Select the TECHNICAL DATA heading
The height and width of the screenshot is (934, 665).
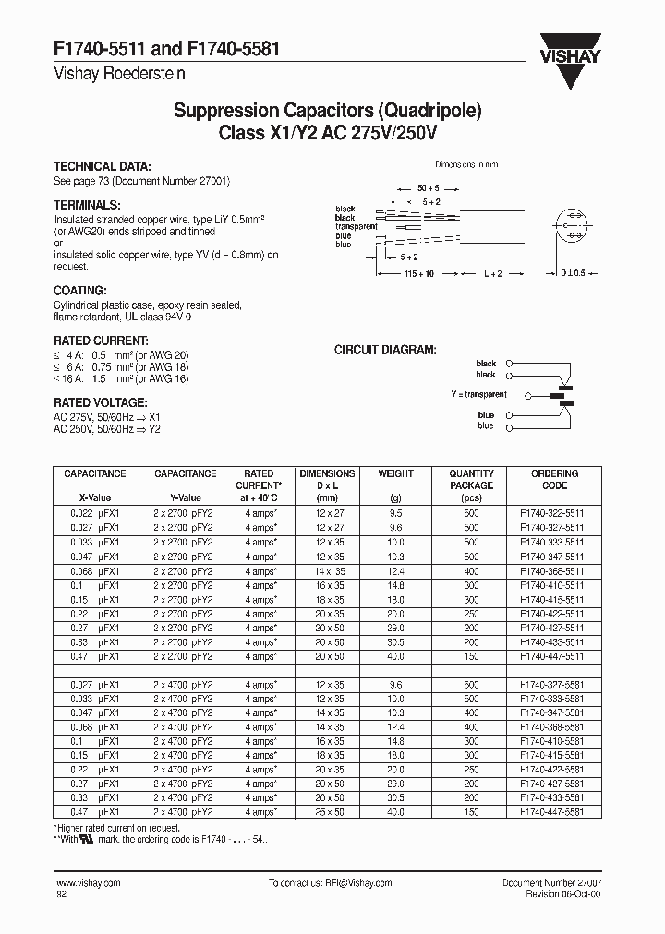pos(102,167)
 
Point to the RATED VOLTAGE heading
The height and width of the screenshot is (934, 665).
pos(100,403)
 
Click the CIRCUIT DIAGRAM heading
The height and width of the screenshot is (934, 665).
pos(385,350)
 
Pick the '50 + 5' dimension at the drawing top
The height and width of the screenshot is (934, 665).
pos(428,187)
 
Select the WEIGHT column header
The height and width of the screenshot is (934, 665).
pos(396,473)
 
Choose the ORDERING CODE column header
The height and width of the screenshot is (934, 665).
pos(555,479)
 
